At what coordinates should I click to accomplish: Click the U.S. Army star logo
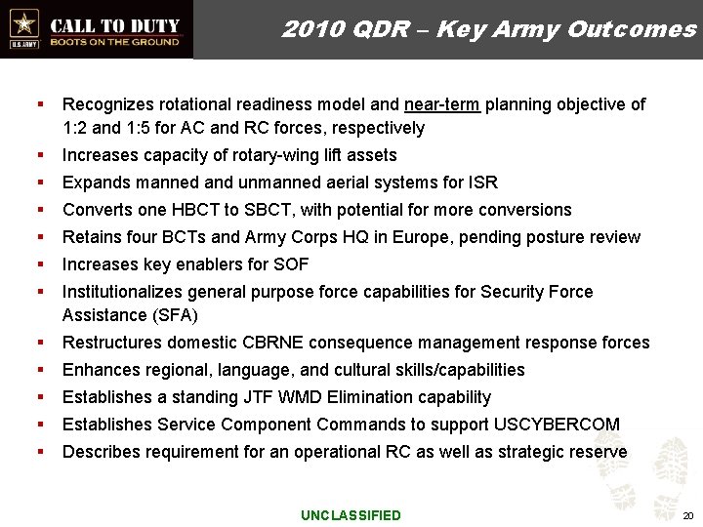point(22,22)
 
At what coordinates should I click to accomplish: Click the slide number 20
point(687,515)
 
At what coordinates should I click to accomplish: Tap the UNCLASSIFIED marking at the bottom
point(351,515)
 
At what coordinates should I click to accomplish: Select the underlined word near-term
point(440,104)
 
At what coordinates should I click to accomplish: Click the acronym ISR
point(483,182)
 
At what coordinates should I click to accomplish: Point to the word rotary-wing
point(267,155)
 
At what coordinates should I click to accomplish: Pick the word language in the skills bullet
point(274,370)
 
